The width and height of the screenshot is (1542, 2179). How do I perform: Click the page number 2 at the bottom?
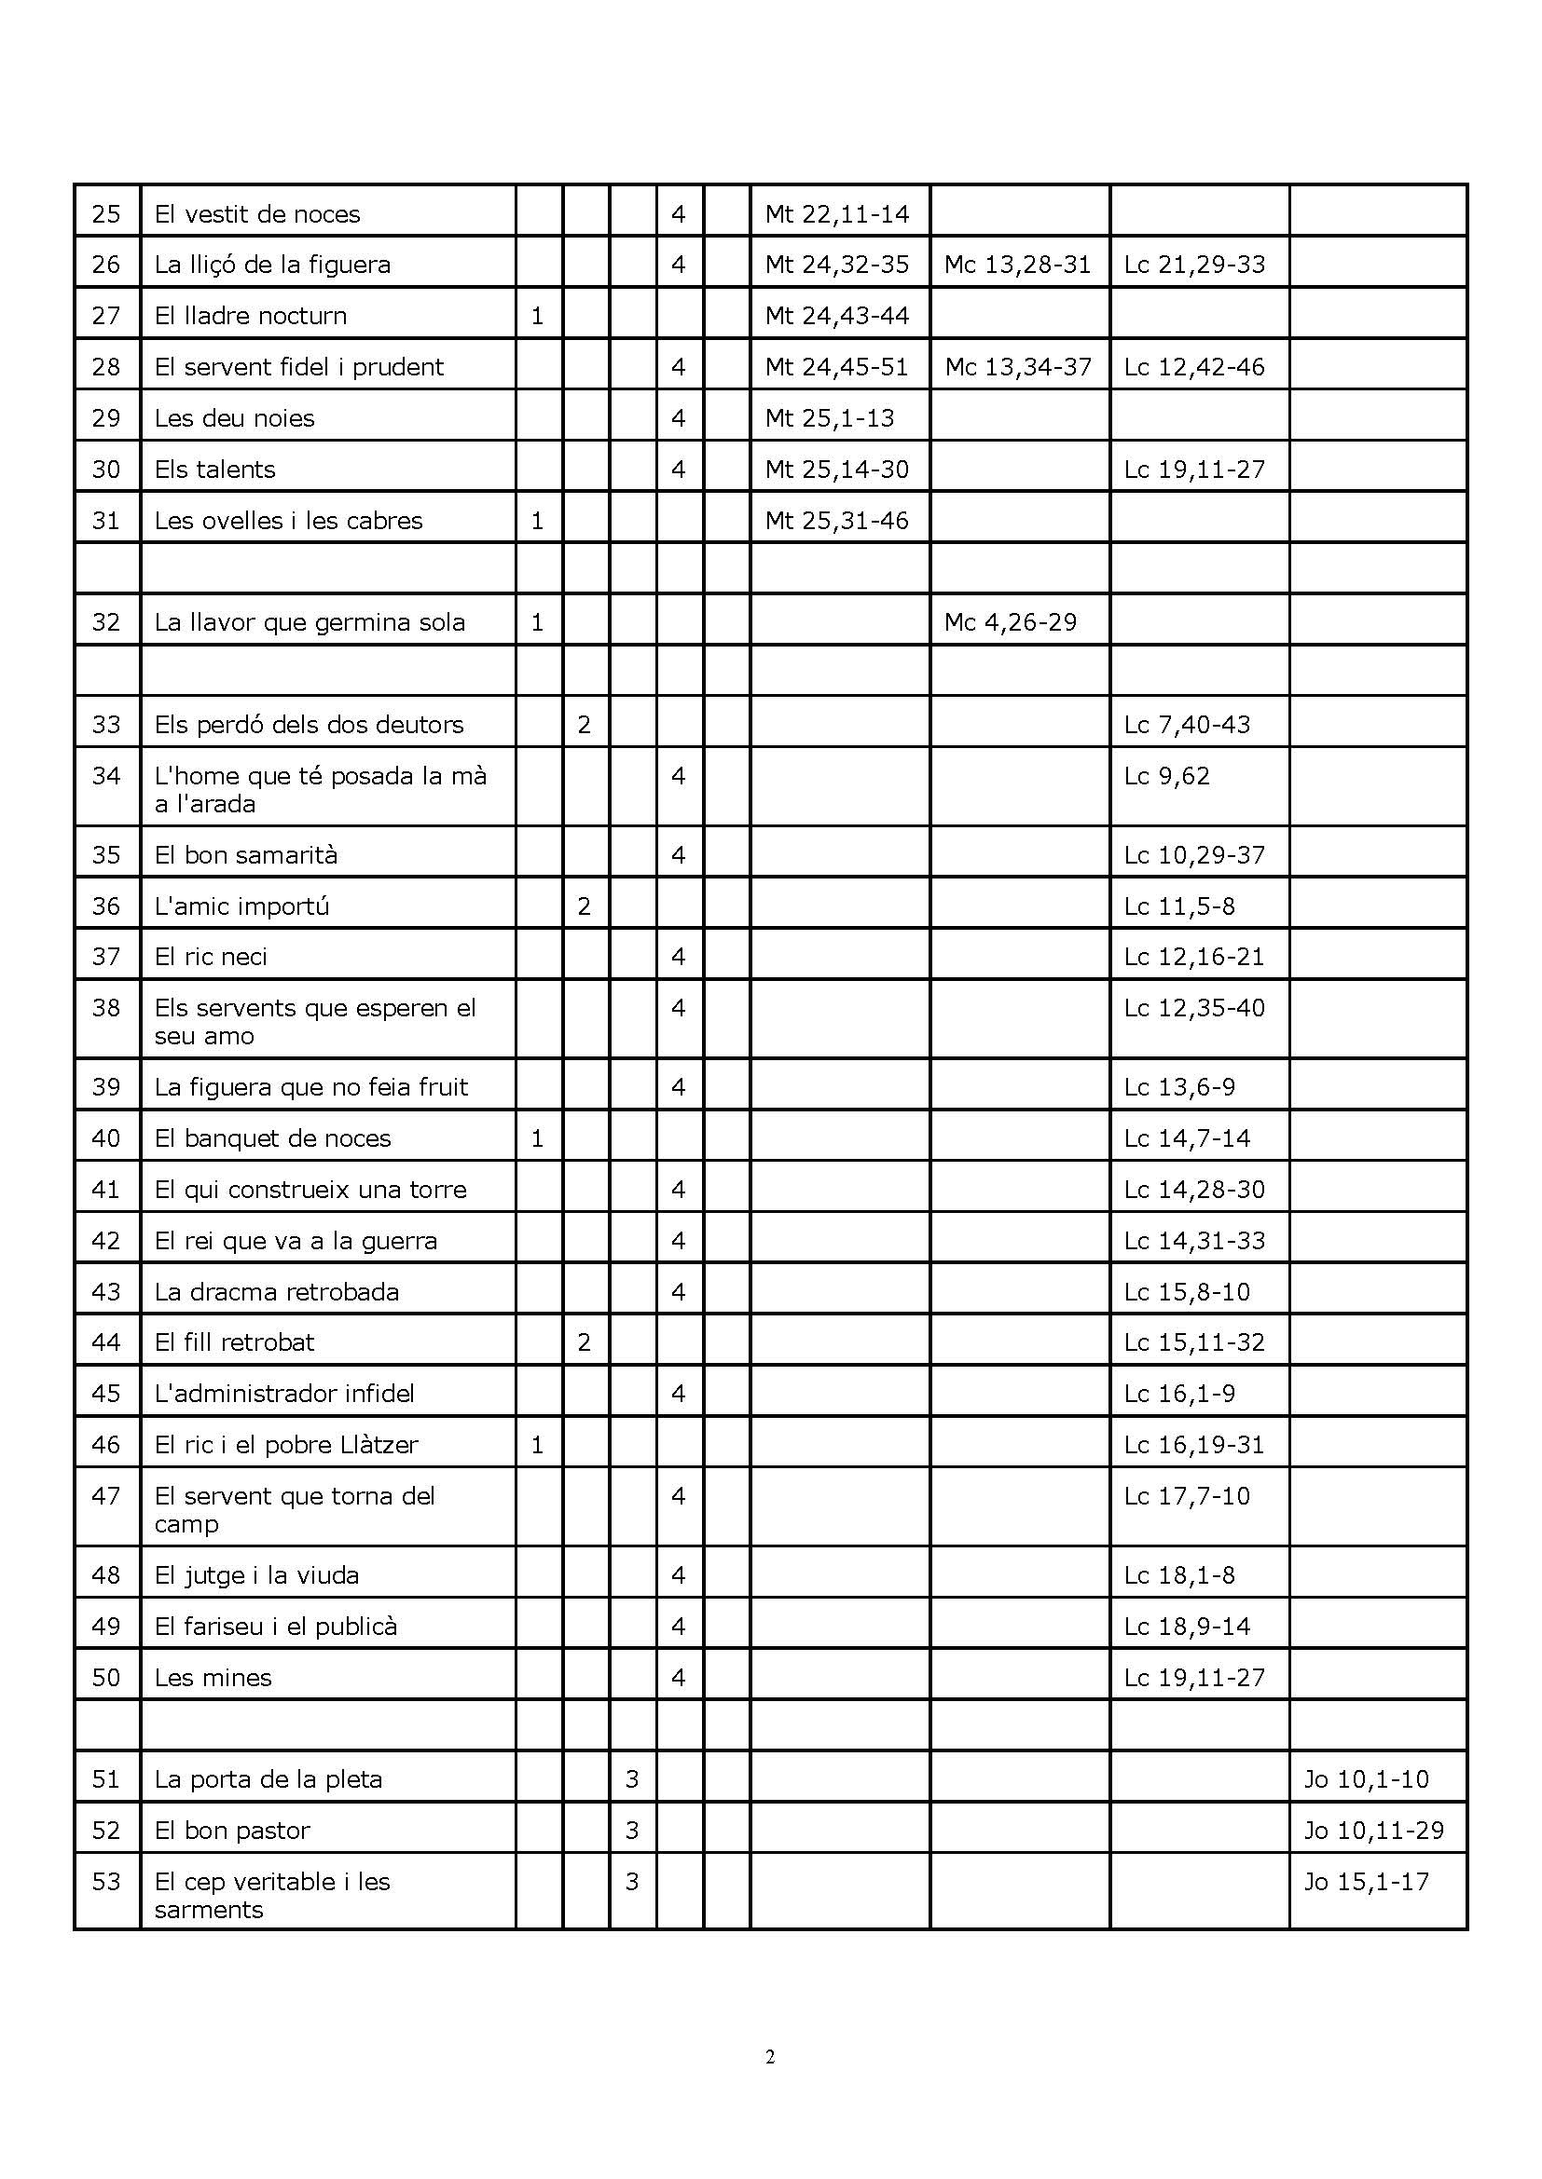coord(769,2058)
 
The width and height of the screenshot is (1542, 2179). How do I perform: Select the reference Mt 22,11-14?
coord(836,214)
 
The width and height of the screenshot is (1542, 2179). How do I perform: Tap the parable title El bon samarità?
coord(246,855)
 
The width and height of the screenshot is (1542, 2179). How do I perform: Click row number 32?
coord(106,622)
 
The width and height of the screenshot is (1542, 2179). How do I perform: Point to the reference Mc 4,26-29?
coord(1011,622)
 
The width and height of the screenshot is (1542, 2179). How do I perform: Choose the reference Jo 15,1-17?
coord(1367,1881)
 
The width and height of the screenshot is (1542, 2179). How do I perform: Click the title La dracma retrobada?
coord(276,1291)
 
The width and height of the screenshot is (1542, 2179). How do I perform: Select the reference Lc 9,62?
coord(1167,776)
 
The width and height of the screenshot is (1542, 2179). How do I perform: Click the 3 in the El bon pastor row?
coord(632,1830)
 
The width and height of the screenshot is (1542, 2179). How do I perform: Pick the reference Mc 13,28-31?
coord(1018,265)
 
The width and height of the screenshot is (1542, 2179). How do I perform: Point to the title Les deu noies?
coord(235,418)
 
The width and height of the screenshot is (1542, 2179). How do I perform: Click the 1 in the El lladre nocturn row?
coord(537,316)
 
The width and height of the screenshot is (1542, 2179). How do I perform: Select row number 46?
coord(106,1445)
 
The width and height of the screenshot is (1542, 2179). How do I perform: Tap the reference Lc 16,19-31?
coord(1194,1445)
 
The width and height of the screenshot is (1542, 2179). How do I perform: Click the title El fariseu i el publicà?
coord(275,1627)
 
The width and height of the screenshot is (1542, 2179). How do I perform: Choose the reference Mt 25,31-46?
coord(836,521)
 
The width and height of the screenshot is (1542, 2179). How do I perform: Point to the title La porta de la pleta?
coord(268,1779)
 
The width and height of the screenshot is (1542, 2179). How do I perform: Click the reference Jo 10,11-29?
coord(1374,1830)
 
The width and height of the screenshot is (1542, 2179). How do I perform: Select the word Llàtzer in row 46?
coord(378,1445)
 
